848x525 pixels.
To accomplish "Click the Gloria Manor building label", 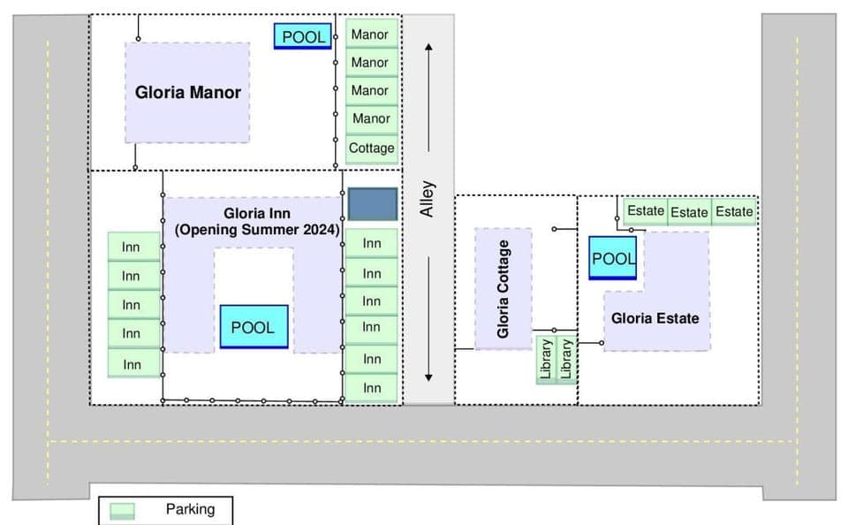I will pyautogui.click(x=187, y=93).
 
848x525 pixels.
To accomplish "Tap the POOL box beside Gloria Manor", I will pyautogui.click(x=303, y=36).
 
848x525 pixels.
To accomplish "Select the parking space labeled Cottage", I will pyautogui.click(x=371, y=148).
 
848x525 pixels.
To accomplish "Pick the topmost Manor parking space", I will pyautogui.click(x=370, y=34).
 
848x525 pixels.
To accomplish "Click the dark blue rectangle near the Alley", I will pyautogui.click(x=372, y=204).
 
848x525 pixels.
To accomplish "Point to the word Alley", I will pyautogui.click(x=428, y=200).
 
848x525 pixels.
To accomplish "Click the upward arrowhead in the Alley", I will pyautogui.click(x=428, y=48).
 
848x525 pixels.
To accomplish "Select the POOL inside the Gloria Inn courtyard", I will pyautogui.click(x=254, y=326).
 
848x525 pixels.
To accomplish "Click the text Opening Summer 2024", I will pyautogui.click(x=257, y=230).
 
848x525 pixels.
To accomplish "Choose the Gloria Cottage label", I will pyautogui.click(x=503, y=289).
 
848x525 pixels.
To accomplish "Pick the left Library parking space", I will pyautogui.click(x=546, y=360).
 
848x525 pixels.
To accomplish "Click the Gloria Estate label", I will pyautogui.click(x=655, y=318).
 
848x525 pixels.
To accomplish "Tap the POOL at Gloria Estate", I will pyautogui.click(x=613, y=258).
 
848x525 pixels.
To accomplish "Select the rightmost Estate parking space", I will pyautogui.click(x=734, y=211).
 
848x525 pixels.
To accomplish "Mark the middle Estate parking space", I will pyautogui.click(x=689, y=212).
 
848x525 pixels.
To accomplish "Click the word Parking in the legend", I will pyautogui.click(x=190, y=509).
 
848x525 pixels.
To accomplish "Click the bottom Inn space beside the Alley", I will pyautogui.click(x=372, y=388).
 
